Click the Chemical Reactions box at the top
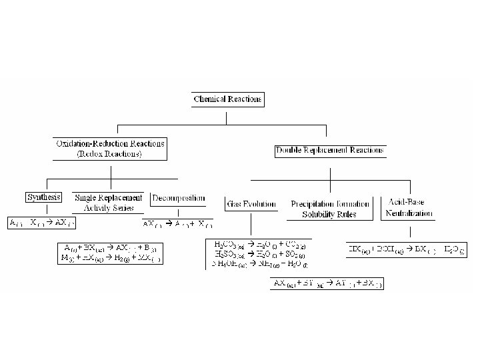tap(227, 100)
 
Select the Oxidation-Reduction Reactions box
tap(109, 148)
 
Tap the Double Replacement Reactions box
tap(330, 151)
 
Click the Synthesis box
tap(43, 197)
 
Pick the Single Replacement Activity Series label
tap(108, 202)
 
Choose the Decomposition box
tap(178, 198)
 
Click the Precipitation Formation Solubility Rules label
tap(330, 209)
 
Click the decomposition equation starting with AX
tap(177, 223)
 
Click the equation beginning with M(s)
tap(111, 258)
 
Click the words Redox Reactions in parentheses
tap(109, 154)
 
